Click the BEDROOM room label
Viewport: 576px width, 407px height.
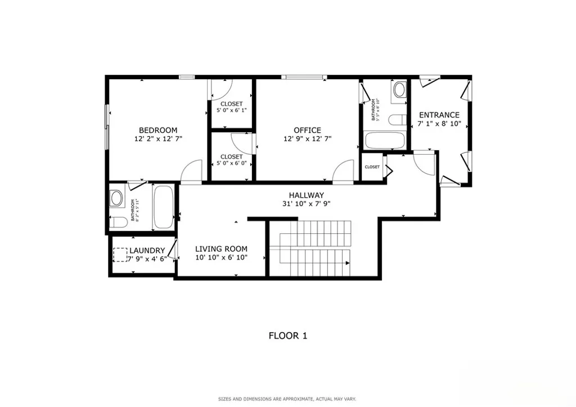[158, 130]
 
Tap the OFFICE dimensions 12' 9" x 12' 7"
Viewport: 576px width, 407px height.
[307, 138]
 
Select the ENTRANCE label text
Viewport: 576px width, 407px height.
[439, 115]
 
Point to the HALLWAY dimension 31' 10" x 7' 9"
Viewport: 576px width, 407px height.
[306, 204]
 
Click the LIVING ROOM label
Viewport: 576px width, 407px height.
[221, 248]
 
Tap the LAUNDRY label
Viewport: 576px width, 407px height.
[147, 251]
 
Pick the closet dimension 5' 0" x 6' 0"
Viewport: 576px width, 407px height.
[231, 163]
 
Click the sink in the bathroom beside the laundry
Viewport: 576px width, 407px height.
[117, 197]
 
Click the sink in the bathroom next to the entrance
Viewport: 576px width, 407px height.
[400, 89]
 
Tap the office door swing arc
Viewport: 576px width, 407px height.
[343, 170]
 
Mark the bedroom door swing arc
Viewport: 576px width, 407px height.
[192, 170]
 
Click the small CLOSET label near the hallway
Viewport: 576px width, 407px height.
[372, 167]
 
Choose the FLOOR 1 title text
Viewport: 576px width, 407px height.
[287, 336]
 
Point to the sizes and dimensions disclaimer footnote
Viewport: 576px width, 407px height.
[287, 399]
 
